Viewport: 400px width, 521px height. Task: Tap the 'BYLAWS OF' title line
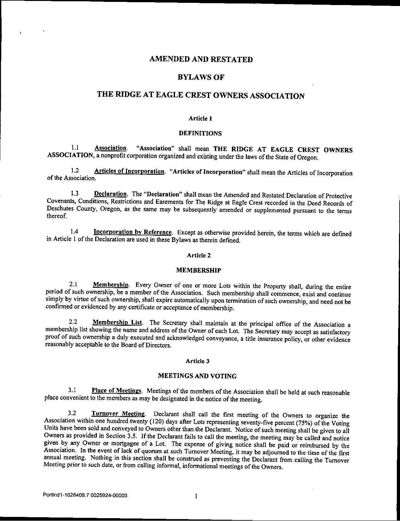click(x=201, y=77)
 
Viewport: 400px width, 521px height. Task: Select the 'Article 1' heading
click(x=200, y=118)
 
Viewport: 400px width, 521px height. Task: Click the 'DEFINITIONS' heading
click(x=200, y=133)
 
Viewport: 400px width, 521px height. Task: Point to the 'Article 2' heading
click(x=199, y=255)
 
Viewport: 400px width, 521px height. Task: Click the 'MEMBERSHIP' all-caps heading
click(x=198, y=270)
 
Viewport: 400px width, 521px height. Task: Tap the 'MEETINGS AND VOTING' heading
click(x=197, y=376)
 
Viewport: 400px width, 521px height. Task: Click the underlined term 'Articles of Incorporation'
click(x=129, y=171)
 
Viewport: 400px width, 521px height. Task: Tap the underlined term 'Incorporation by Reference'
click(x=133, y=232)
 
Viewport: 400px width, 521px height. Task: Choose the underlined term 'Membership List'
click(x=117, y=322)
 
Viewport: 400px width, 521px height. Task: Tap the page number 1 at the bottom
click(x=196, y=496)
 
